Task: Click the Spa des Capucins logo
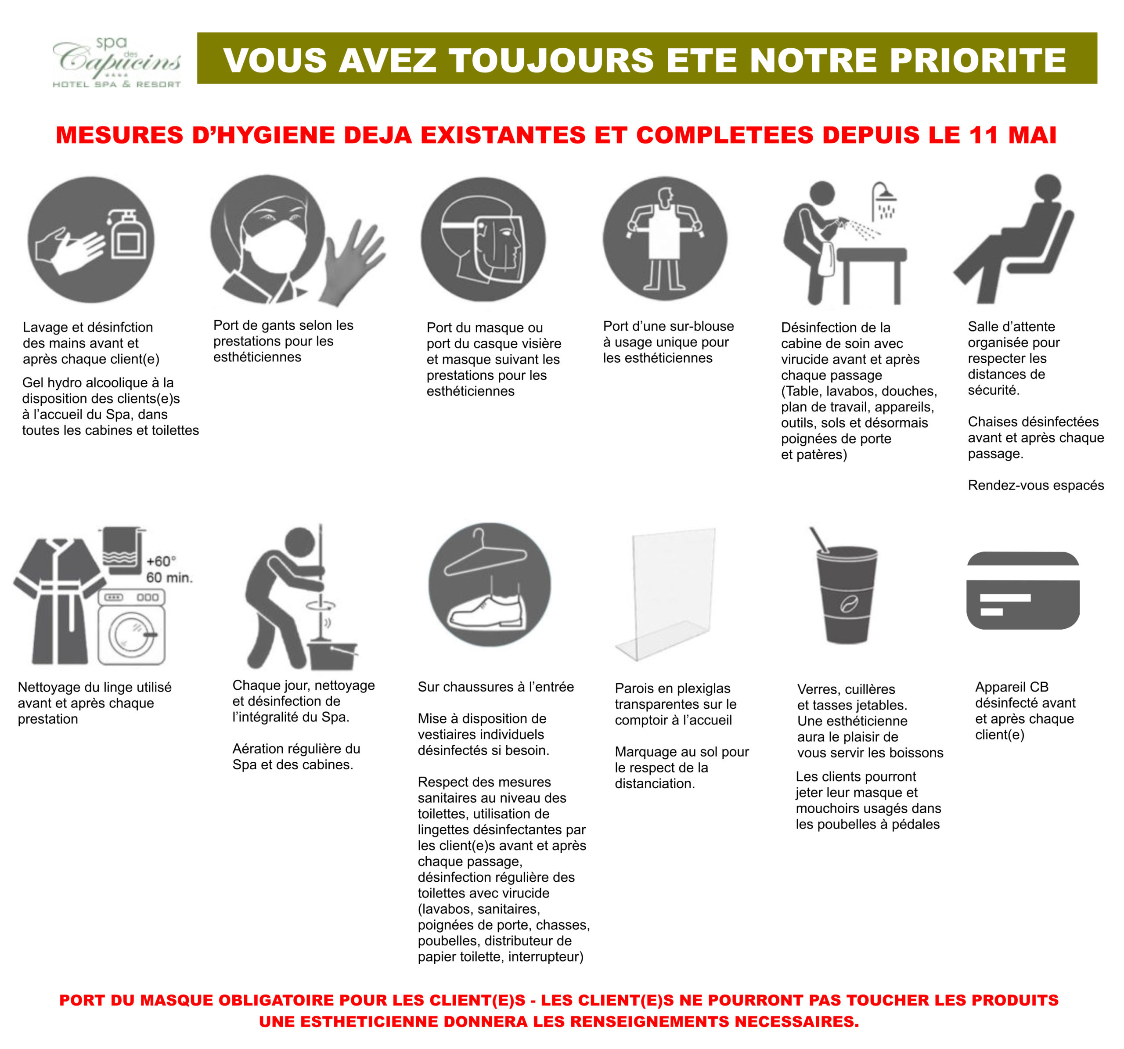[x=116, y=62]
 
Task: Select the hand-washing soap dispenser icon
[x=91, y=240]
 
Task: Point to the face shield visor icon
[x=483, y=240]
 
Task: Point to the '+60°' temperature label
[x=161, y=562]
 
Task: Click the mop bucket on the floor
[x=332, y=656]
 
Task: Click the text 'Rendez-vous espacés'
[x=1036, y=485]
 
